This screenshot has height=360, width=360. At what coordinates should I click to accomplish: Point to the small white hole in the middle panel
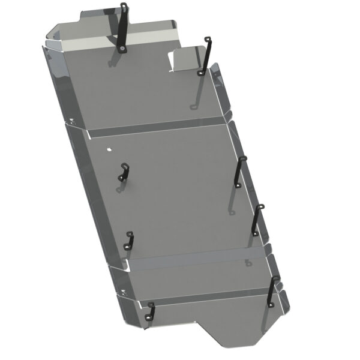(109, 149)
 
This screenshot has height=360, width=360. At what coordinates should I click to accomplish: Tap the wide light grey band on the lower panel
(192, 259)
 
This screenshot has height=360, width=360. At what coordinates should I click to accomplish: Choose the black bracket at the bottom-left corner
(150, 310)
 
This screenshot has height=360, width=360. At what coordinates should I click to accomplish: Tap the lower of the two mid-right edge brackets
(257, 220)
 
